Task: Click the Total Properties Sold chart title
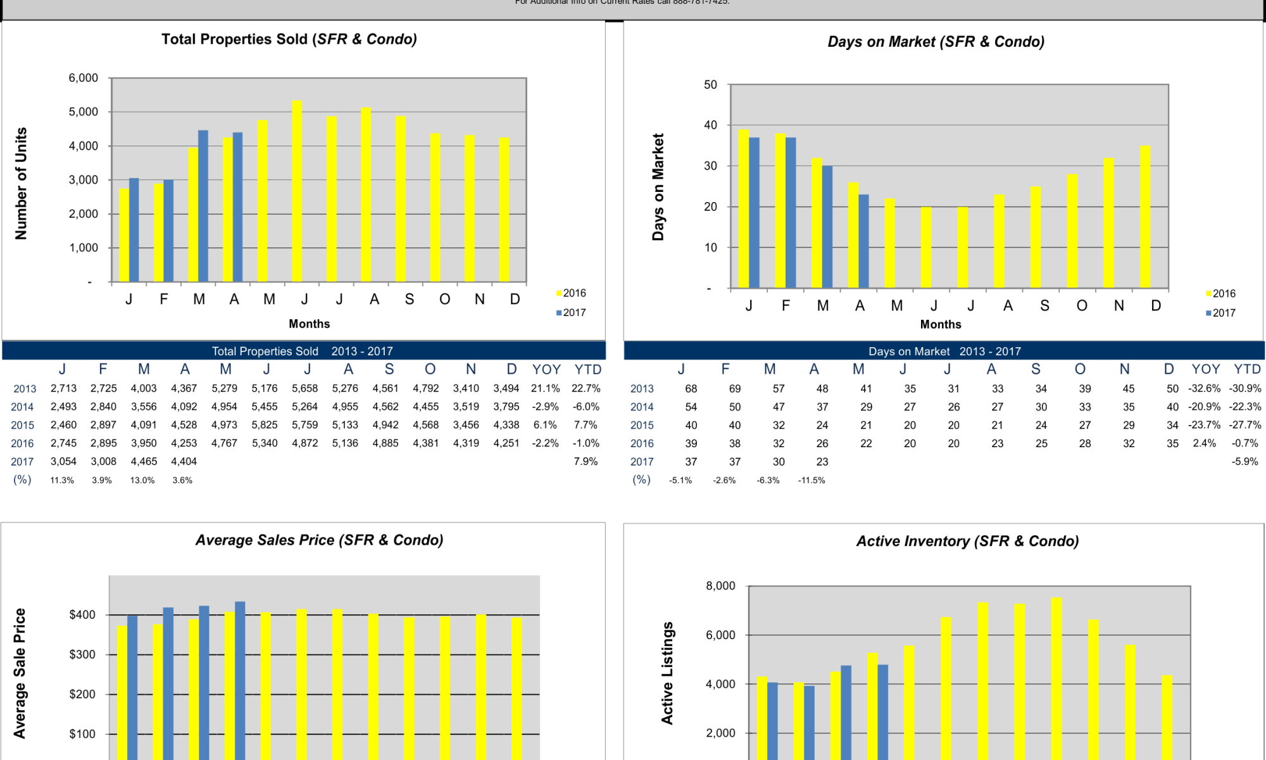[289, 39]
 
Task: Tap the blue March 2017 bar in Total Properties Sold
[203, 206]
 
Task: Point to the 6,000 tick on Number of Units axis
[84, 78]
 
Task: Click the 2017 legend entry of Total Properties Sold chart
[571, 313]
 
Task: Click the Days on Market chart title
[936, 42]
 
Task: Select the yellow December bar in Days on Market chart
[1145, 217]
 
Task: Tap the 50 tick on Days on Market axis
[711, 85]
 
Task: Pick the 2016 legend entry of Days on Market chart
[1220, 294]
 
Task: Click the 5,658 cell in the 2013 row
[304, 388]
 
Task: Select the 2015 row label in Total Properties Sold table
[23, 425]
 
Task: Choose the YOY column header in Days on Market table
[1205, 369]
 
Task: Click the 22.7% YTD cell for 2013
[586, 388]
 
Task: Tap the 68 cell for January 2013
[691, 388]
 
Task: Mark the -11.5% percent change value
[812, 480]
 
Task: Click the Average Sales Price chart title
[319, 540]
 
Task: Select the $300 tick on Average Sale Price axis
[82, 654]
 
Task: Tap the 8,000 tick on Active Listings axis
[720, 586]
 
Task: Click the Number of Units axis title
[21, 184]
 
